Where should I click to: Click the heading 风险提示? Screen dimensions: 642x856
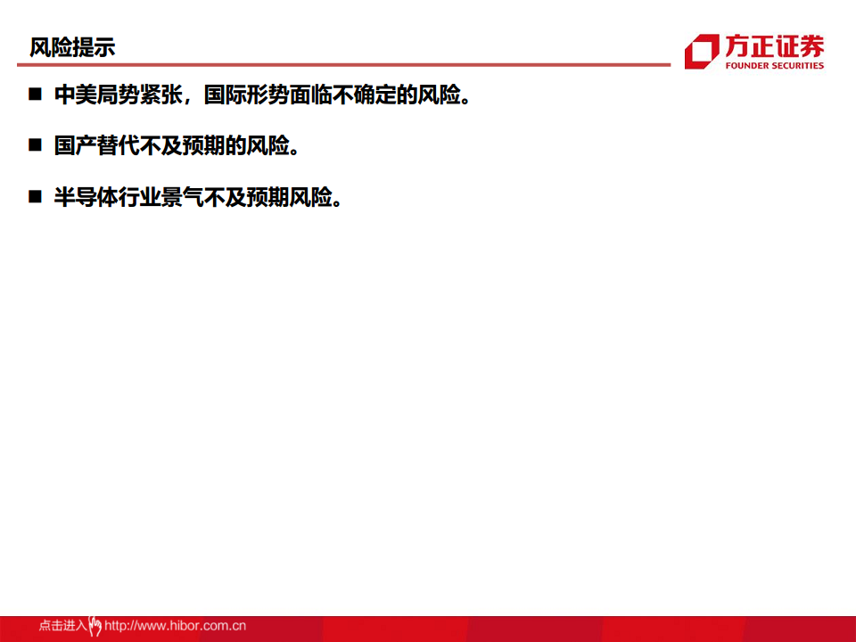pos(72,47)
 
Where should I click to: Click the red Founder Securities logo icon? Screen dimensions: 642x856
pos(701,52)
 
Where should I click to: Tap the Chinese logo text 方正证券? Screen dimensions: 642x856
pos(774,46)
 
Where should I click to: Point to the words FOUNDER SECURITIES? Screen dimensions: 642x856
pos(774,66)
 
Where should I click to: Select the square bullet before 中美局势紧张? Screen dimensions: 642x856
pos(35,95)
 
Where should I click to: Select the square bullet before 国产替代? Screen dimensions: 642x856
pos(35,145)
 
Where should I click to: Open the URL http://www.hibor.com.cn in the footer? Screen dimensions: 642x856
pos(175,626)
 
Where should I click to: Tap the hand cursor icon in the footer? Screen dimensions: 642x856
pos(95,626)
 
